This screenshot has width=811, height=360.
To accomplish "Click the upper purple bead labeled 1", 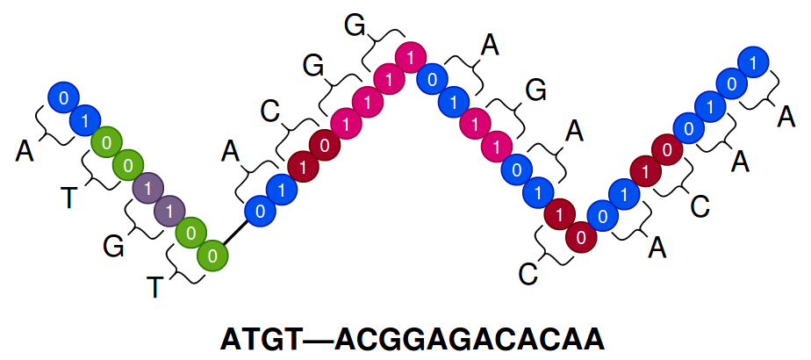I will point(148,187).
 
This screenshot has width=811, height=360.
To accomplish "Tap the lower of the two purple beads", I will point(169,211).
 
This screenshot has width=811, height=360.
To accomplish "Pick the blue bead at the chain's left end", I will point(63,97).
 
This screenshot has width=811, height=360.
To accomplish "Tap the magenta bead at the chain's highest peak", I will point(409,58).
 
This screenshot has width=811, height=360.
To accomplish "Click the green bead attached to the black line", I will point(212,256).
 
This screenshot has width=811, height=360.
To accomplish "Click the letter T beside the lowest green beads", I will point(154,286).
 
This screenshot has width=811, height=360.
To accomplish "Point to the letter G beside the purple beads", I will point(113,247).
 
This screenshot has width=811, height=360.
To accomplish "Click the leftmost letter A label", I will point(25,152).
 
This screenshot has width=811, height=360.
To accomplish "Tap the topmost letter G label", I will point(355,25).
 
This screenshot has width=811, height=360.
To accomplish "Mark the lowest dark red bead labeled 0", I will point(579,236).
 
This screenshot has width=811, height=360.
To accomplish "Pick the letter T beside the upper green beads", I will point(69,198).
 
